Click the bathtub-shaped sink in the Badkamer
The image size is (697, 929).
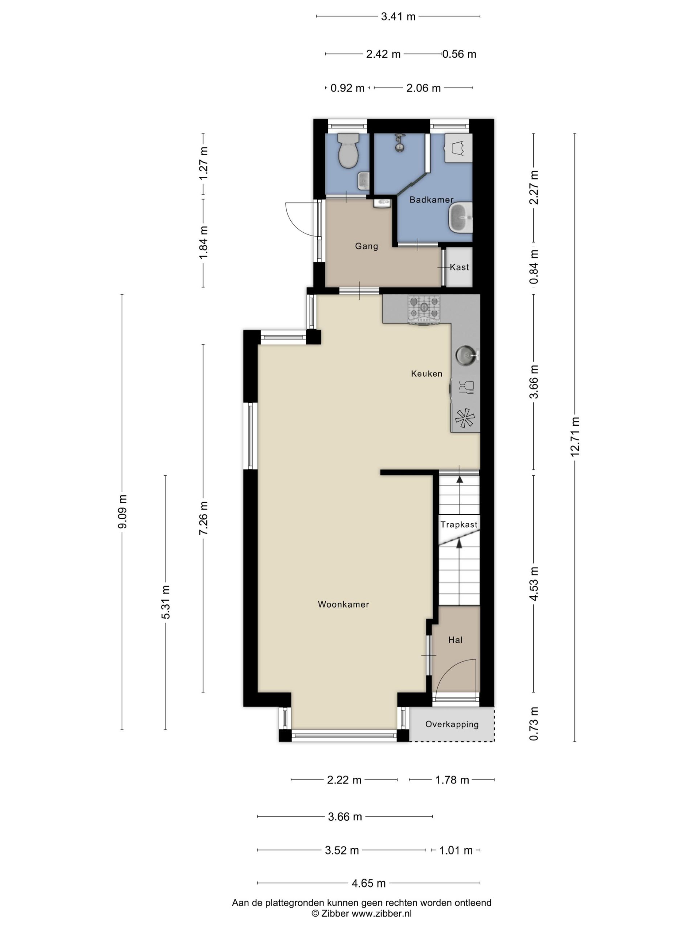point(460,217)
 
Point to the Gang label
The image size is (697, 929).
point(366,246)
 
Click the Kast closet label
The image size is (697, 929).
point(459,267)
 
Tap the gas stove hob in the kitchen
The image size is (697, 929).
point(424,310)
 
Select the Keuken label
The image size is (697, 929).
point(427,373)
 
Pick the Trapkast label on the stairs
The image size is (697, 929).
point(459,524)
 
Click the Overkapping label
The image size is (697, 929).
point(452,724)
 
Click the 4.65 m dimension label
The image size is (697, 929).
point(368,883)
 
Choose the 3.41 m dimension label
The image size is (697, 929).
point(398,16)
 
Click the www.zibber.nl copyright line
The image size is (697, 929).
point(361,913)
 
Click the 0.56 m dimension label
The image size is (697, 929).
point(459,54)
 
